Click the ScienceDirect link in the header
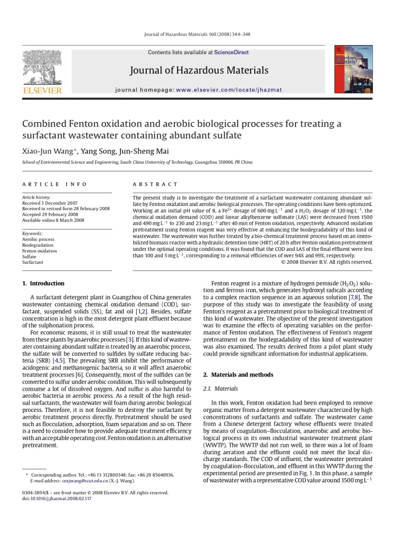point(231,53)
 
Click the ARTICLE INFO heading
point(54,184)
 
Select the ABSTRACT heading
point(155,184)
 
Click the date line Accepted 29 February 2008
point(50,214)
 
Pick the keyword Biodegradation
point(38,245)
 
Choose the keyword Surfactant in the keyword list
point(32,262)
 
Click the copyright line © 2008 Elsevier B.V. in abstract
point(327,262)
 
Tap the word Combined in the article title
point(43,124)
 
